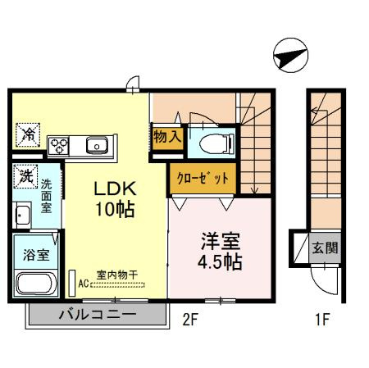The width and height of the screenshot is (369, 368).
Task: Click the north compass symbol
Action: (x=290, y=55)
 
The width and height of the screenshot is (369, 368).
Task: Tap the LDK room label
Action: (x=115, y=189)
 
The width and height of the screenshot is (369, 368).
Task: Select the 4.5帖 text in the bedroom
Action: (x=220, y=262)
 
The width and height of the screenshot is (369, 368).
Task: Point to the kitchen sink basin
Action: (x=97, y=145)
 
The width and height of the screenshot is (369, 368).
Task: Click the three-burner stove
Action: (x=58, y=146)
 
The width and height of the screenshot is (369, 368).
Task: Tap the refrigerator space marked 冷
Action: (x=28, y=134)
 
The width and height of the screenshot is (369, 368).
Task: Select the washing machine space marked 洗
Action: (x=25, y=176)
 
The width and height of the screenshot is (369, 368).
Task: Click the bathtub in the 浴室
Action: (x=36, y=283)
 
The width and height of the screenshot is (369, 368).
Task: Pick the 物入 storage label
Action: (x=167, y=136)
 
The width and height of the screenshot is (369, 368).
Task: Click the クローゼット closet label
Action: (x=203, y=179)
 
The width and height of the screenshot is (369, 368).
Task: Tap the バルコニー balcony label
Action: (x=98, y=315)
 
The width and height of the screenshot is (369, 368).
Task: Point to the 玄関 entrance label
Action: (x=326, y=248)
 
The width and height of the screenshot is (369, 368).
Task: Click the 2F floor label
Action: (x=190, y=320)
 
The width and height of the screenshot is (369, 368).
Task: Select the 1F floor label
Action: (x=323, y=320)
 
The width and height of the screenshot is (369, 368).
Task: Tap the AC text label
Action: (x=84, y=284)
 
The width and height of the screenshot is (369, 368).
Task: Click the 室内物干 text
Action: (x=116, y=275)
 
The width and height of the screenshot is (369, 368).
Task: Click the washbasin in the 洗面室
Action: (x=22, y=216)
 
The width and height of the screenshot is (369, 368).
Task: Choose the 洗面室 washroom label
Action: (x=46, y=196)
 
